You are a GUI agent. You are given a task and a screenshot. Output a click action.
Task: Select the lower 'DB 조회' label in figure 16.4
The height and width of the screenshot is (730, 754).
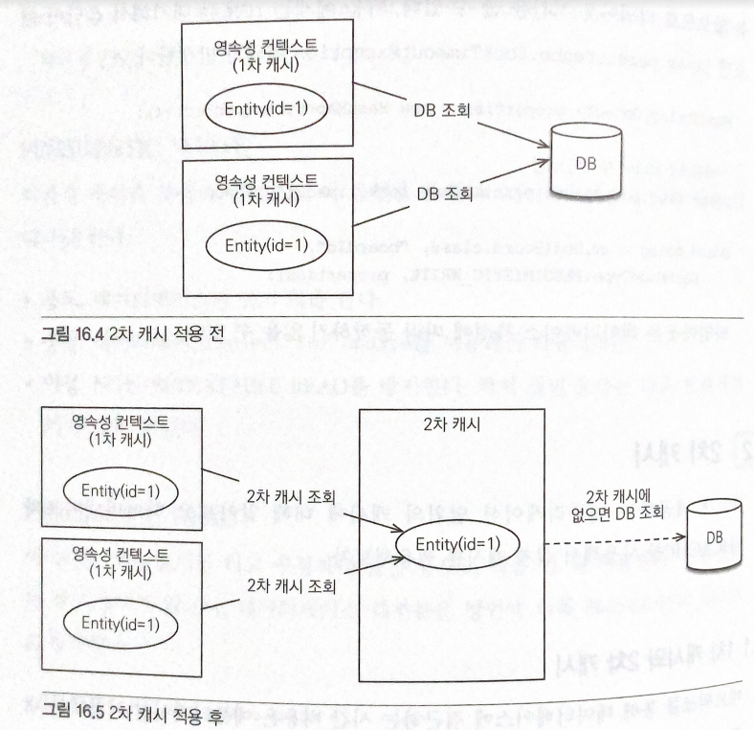click(x=442, y=194)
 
